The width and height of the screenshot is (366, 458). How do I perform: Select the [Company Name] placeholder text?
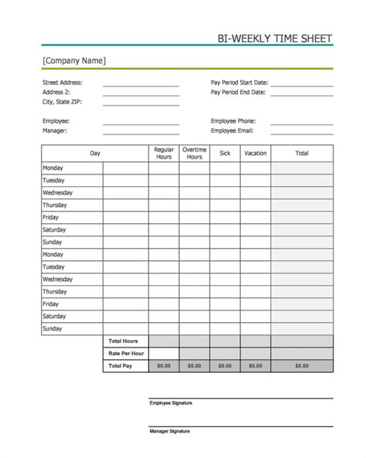[74, 60]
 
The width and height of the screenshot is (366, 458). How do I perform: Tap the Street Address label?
[62, 82]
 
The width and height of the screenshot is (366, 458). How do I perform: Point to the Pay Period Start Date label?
[239, 82]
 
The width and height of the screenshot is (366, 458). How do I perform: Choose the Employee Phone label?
[233, 121]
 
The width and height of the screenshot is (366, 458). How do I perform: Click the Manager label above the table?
[55, 131]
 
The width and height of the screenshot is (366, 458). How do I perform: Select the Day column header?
[95, 154]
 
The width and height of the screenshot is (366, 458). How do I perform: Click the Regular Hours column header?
[164, 154]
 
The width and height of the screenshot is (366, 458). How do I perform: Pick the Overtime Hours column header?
[194, 154]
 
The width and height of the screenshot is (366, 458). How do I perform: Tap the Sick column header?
[225, 154]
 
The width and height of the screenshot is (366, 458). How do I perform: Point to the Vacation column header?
[255, 154]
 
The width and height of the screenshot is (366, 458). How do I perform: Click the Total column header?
[302, 154]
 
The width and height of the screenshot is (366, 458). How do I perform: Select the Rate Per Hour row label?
[125, 353]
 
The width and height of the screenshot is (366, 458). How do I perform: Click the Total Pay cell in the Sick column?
[225, 366]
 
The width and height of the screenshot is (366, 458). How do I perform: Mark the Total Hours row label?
[124, 341]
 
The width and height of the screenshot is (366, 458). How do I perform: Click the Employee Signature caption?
[171, 403]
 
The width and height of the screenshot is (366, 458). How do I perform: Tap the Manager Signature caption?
[169, 430]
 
